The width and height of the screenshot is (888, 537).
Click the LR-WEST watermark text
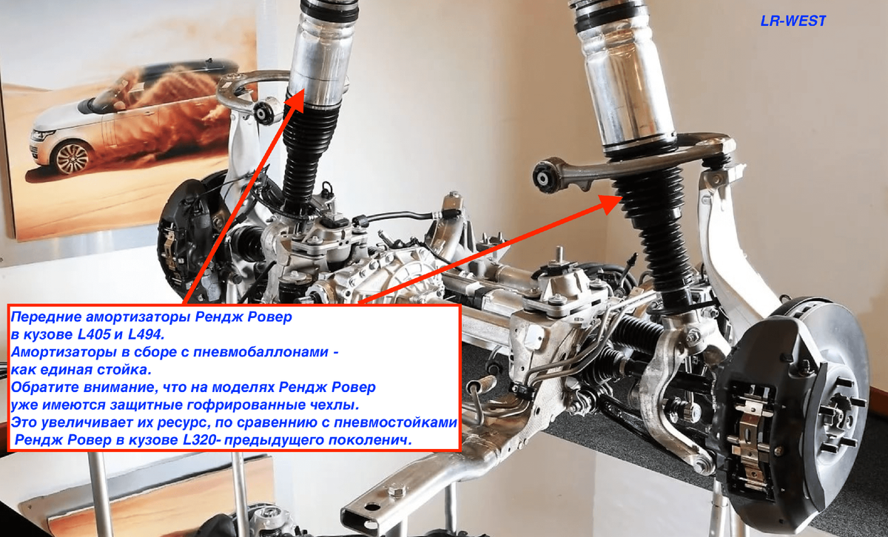pyautogui.click(x=793, y=21)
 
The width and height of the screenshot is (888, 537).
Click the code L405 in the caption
pyautogui.click(x=93, y=334)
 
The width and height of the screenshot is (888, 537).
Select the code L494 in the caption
pyautogui.click(x=146, y=334)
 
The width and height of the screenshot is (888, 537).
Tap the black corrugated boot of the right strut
pyautogui.click(x=658, y=237)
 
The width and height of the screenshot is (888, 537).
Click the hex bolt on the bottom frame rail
pyautogui.click(x=395, y=491)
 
